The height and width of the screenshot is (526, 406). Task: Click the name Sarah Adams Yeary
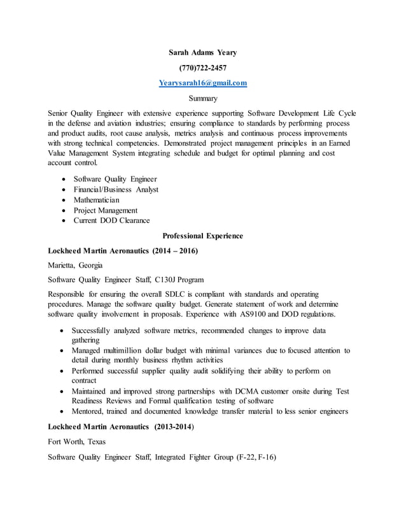(x=202, y=52)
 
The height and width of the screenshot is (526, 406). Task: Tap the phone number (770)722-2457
(x=202, y=68)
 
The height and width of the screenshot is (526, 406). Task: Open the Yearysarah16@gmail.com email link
(x=202, y=83)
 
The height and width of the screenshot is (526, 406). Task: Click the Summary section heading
(x=203, y=98)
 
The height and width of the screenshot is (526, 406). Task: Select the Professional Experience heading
(x=203, y=236)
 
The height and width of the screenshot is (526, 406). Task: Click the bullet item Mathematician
(x=96, y=200)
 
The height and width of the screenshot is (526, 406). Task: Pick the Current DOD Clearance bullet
(x=111, y=220)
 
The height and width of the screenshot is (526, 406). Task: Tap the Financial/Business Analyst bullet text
(x=116, y=190)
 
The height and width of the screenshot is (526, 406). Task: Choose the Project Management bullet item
(x=105, y=210)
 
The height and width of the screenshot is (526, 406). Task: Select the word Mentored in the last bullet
(x=89, y=411)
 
